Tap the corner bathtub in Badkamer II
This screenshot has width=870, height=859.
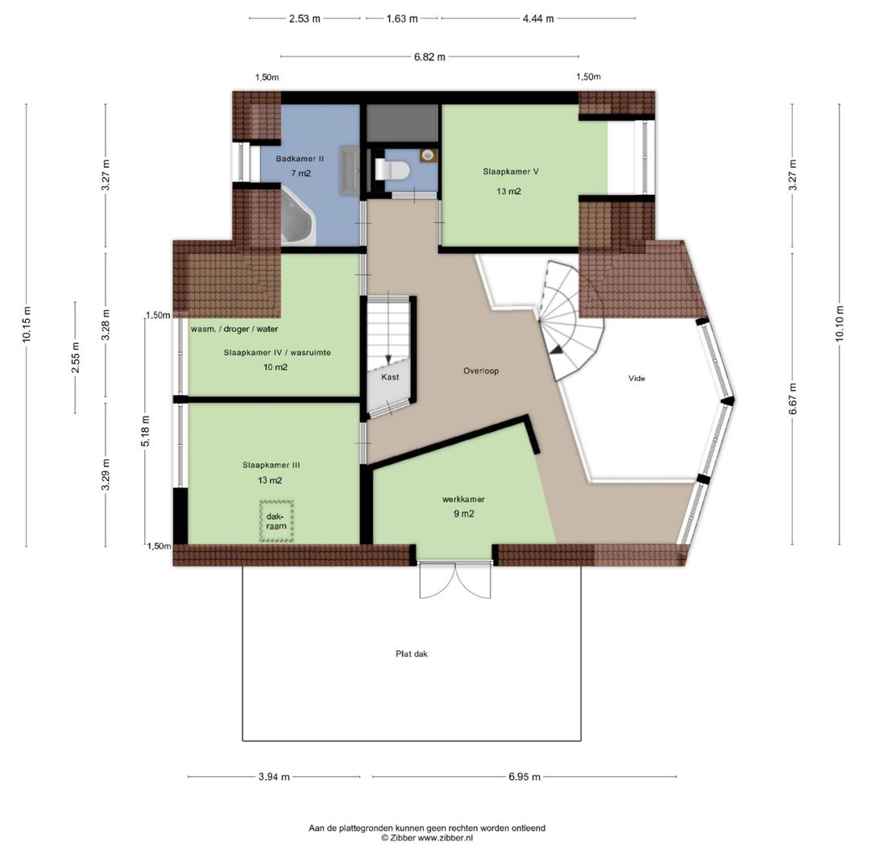coord(298,217)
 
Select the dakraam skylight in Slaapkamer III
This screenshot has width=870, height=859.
coord(276,521)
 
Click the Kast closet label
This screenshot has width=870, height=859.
coord(390,377)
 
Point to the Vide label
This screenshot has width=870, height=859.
coord(636,379)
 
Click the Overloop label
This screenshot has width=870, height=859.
coord(481,371)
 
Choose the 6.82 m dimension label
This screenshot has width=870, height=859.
coord(429,56)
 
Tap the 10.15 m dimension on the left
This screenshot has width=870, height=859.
coord(27,325)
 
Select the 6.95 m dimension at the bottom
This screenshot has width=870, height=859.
coord(524,777)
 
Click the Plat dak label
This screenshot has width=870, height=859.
coord(412,654)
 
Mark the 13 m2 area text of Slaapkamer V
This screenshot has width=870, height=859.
coord(509,192)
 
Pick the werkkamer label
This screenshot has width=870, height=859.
coord(463,500)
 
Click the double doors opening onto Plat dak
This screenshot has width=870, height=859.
coord(455,581)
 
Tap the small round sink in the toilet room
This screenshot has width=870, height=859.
coord(427,156)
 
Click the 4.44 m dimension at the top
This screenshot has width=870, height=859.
coord(538,19)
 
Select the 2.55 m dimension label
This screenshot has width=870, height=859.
coord(76,358)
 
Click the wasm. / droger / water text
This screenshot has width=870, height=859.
coord(234,329)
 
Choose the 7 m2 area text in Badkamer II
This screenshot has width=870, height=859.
coord(300,173)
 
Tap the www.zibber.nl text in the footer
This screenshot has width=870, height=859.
coord(445,838)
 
